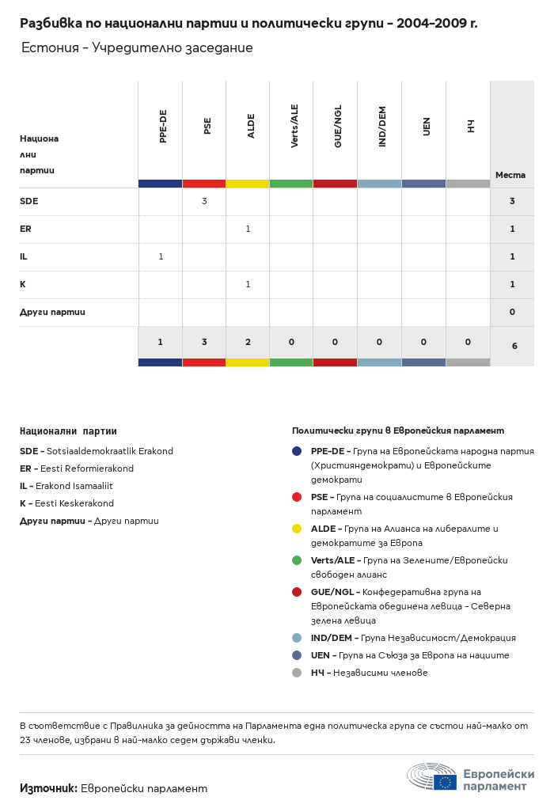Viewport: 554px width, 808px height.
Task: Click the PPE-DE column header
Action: [x=163, y=127]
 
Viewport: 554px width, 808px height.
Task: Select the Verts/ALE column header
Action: [x=294, y=126]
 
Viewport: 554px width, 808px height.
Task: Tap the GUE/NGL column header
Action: [x=338, y=126]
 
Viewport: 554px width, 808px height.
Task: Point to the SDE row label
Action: [x=29, y=201]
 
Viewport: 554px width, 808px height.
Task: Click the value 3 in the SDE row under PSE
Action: [x=204, y=201]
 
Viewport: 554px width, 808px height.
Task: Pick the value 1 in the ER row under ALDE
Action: [x=248, y=229]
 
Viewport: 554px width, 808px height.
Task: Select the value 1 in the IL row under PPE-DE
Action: [x=161, y=256]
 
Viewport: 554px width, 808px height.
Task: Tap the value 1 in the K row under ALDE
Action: [x=248, y=284]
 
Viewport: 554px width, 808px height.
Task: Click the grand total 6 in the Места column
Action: [x=514, y=346]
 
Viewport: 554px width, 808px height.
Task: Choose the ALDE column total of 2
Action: [x=248, y=342]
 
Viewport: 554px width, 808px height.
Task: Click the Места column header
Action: [x=510, y=175]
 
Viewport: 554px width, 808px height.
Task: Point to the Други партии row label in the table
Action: [x=52, y=312]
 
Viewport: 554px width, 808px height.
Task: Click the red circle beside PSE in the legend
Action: [x=297, y=497]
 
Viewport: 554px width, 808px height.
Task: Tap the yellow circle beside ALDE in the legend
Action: [x=297, y=529]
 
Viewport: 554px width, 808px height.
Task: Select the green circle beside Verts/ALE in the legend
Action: [x=297, y=560]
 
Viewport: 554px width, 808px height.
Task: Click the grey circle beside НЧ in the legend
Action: [x=297, y=673]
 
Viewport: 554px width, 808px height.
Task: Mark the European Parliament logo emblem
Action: [x=432, y=776]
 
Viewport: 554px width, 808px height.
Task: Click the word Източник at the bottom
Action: [x=47, y=788]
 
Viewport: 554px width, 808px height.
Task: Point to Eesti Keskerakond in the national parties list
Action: [x=74, y=503]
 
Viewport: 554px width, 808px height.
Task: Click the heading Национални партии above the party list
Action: [x=68, y=431]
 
